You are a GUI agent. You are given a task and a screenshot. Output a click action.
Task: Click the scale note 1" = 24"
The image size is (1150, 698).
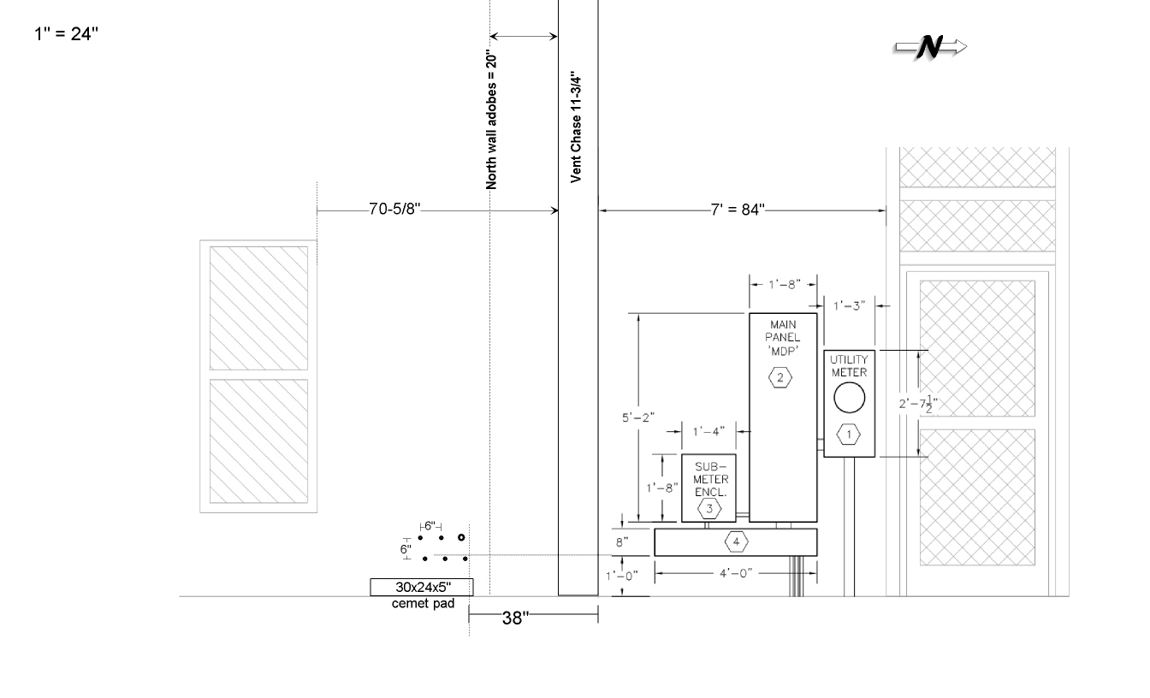pos(66,34)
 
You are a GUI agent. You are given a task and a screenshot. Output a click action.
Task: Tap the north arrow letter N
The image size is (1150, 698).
pos(930,48)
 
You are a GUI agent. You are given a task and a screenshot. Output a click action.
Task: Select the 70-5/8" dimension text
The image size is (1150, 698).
pos(394,209)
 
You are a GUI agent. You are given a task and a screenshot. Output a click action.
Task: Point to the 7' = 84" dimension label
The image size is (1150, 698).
pos(738,210)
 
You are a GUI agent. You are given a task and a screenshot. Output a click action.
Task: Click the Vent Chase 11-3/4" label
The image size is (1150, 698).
pos(576,127)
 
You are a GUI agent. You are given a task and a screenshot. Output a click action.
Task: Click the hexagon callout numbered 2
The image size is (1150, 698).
pos(780,378)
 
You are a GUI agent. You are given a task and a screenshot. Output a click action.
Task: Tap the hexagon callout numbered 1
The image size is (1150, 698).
pos(849,435)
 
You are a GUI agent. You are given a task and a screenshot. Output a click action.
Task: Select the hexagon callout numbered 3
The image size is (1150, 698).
pos(709,509)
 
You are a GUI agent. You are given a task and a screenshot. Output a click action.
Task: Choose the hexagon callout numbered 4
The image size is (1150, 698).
pos(736,541)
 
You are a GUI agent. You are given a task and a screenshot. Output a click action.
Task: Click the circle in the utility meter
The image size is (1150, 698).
pos(849,398)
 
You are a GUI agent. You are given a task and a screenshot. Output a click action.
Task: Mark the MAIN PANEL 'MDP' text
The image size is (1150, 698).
pos(783,338)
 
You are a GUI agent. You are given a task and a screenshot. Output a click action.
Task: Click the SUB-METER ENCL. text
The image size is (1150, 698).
pos(710,479)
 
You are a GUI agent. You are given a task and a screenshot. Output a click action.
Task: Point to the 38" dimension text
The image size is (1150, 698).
pos(515,618)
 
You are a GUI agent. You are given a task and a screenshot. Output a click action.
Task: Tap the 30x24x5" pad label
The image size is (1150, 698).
pos(423,587)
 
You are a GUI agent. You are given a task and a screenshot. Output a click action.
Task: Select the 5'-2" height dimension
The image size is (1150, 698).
pos(638,417)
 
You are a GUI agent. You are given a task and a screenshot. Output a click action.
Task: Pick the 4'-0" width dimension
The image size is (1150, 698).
pos(736,573)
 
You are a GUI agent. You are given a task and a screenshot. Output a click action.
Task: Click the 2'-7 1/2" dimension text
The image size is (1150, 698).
pos(918,404)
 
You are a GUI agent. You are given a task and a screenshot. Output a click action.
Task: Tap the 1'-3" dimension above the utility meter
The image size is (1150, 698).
pos(849,306)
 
